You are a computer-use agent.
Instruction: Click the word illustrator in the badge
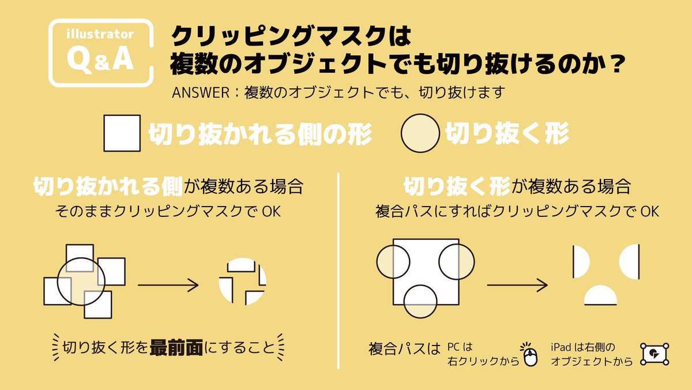(x=100, y=35)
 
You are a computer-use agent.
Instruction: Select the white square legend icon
(x=122, y=133)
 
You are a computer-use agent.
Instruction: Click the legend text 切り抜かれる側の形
(x=259, y=134)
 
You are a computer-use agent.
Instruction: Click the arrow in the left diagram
(x=168, y=284)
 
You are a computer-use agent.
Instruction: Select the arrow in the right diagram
(x=517, y=284)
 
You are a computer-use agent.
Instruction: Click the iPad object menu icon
(x=655, y=353)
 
